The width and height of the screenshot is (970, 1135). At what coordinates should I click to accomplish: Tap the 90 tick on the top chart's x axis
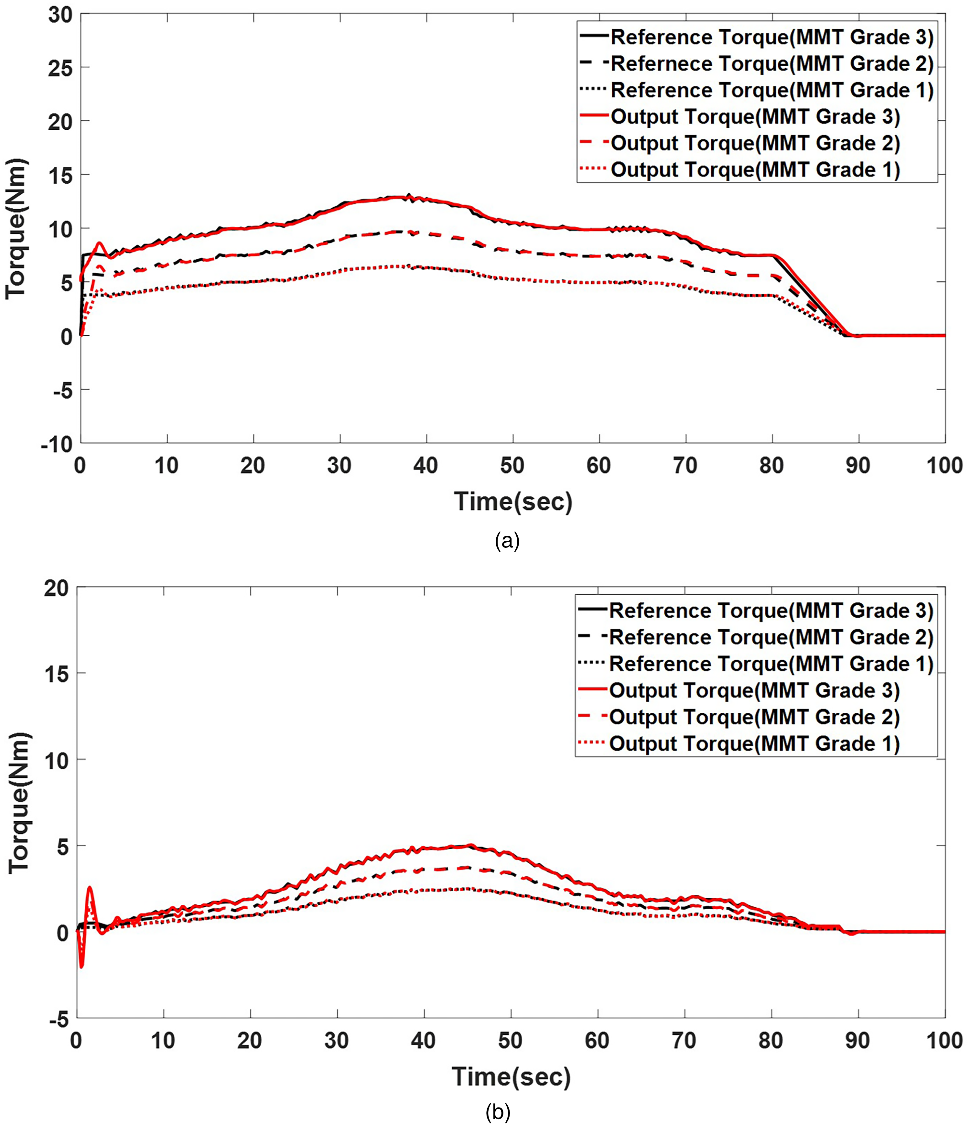point(858,466)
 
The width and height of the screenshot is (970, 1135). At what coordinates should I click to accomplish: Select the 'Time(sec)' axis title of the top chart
point(513,502)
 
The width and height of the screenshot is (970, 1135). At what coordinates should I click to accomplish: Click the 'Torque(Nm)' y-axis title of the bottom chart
point(19,803)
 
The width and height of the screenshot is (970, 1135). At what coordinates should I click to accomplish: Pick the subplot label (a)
point(507,541)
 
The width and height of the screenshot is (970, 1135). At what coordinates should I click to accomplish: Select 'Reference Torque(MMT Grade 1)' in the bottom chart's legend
point(771,664)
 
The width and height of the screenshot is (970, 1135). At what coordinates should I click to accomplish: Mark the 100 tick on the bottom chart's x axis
point(944,1040)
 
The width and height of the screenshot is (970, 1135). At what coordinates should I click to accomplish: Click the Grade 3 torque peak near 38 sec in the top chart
point(408,196)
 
